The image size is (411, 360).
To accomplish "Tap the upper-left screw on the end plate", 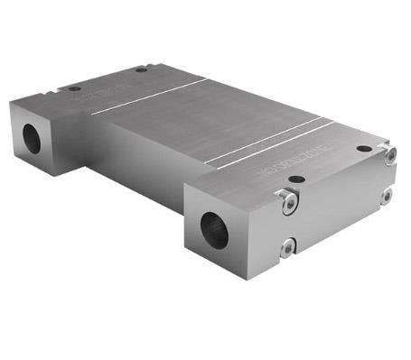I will (x=288, y=203).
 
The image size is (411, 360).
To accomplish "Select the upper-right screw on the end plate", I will (x=389, y=154).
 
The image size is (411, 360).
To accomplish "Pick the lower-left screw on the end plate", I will (x=287, y=245).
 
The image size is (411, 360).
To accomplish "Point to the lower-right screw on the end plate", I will (x=386, y=195).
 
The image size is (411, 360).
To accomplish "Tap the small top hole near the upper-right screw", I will (x=364, y=149).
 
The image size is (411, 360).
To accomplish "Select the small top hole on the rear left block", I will (x=73, y=89).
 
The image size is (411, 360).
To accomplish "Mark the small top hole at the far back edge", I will (x=142, y=69).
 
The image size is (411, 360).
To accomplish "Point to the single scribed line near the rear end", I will (x=149, y=98).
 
